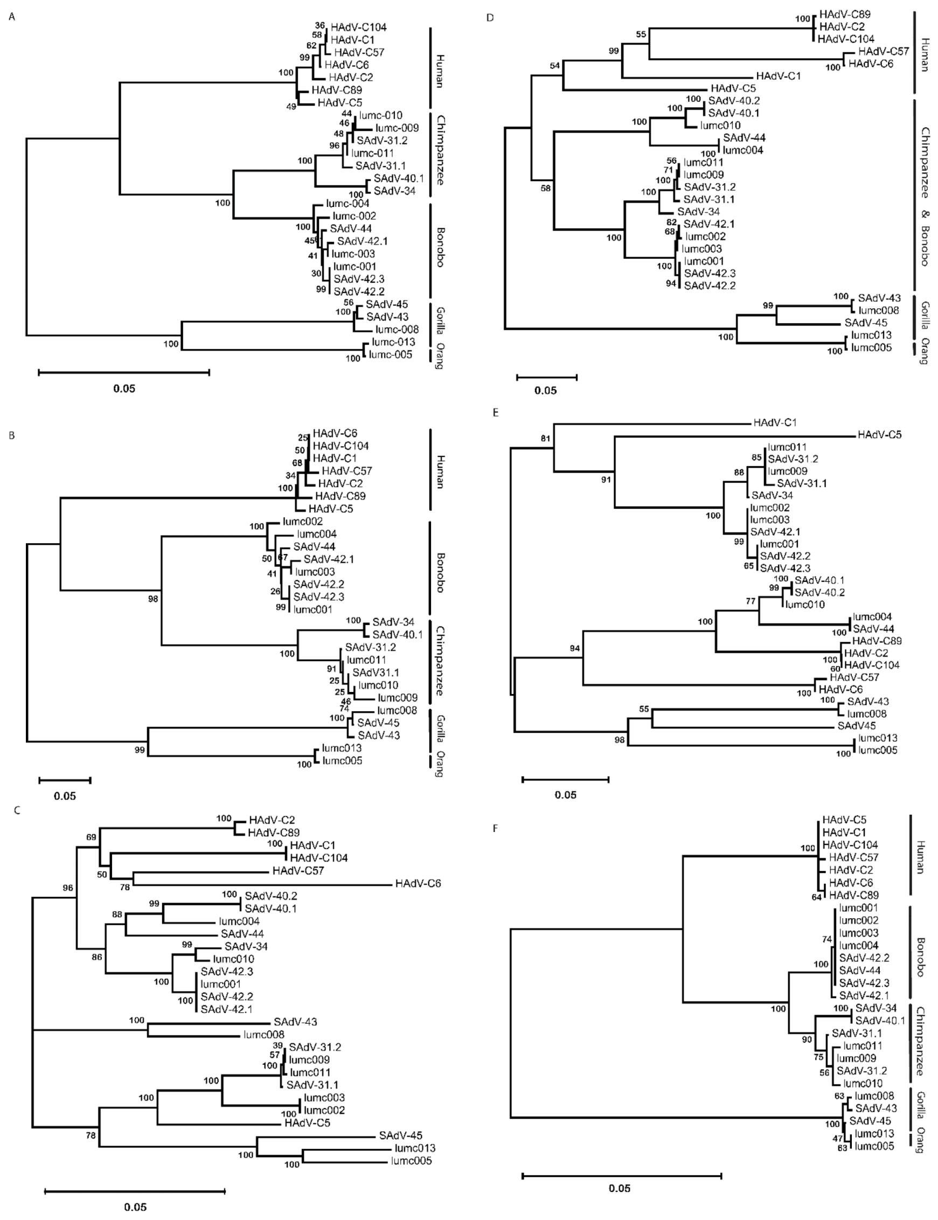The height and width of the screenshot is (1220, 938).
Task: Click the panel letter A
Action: pos(12,17)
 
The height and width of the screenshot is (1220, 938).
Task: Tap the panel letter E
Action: pos(495,413)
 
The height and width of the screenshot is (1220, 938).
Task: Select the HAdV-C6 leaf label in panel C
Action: pos(418,884)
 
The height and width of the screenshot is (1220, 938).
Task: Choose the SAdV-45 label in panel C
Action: pos(400,1136)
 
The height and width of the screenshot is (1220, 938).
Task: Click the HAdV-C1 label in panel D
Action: pos(779,75)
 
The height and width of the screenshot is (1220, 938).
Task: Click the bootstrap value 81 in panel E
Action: pos(545,438)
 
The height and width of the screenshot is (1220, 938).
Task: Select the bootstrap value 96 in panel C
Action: pos(68,888)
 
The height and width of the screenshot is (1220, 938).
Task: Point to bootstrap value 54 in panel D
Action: pos(554,66)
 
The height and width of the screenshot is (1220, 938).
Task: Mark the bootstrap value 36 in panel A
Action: pos(319,25)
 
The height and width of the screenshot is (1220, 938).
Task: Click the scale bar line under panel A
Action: pos(124,372)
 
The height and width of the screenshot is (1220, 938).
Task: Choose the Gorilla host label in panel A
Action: pos(440,319)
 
